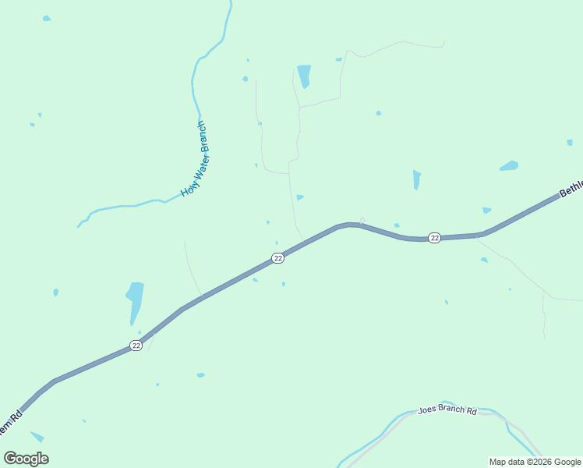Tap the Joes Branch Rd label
pyautogui.click(x=447, y=409)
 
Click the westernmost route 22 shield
pyautogui.click(x=136, y=346)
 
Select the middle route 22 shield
pyautogui.click(x=277, y=258)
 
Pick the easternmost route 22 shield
pyautogui.click(x=435, y=237)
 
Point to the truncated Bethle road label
pyautogui.click(x=571, y=189)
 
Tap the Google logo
pyautogui.click(x=26, y=459)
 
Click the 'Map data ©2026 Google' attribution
pyautogui.click(x=535, y=462)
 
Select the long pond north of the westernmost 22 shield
pyautogui.click(x=135, y=300)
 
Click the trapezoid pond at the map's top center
pyautogui.click(x=303, y=76)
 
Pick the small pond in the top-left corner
pyautogui.click(x=47, y=18)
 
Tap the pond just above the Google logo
pyautogui.click(x=37, y=437)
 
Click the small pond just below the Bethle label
pyautogui.click(x=486, y=210)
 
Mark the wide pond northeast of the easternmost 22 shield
pyautogui.click(x=509, y=166)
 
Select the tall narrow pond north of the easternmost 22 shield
pyautogui.click(x=417, y=179)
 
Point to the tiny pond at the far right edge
pyautogui.click(x=570, y=143)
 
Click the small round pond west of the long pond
pyautogui.click(x=56, y=292)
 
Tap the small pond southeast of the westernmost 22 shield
pyautogui.click(x=200, y=375)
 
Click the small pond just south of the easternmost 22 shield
pyautogui.click(x=484, y=260)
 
